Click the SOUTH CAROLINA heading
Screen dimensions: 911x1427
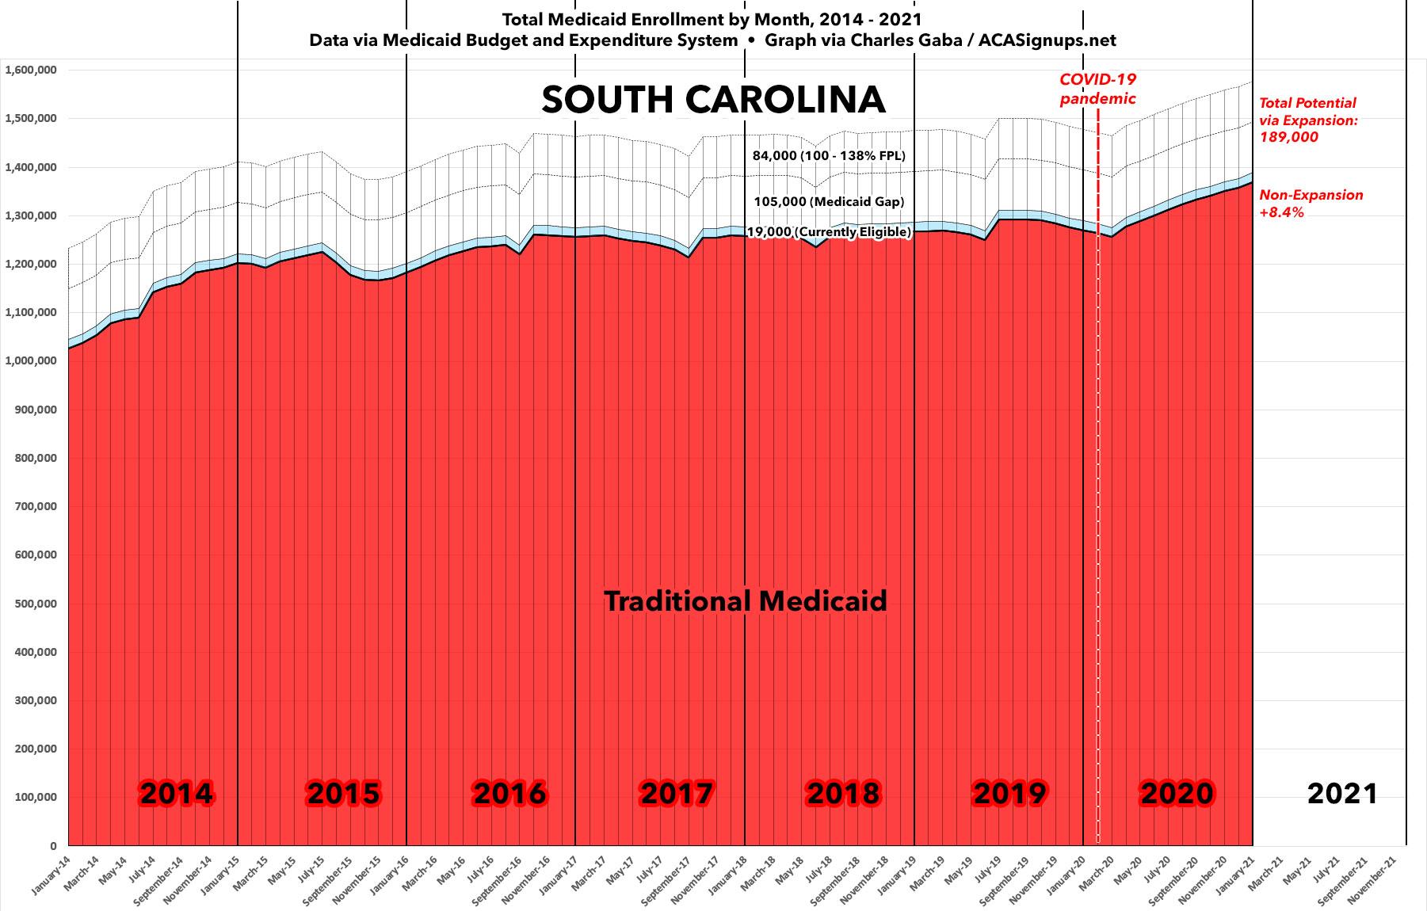713,101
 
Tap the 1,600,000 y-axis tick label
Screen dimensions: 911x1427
31,71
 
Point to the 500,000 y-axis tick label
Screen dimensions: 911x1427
34,604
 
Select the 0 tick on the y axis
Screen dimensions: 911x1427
53,846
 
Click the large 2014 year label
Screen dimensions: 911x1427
176,793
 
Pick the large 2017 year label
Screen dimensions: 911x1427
677,793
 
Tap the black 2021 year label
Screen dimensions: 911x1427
1342,793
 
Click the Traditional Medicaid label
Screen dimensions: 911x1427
746,601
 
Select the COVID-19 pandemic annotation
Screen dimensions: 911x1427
1097,89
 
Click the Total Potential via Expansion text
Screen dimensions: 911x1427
1307,120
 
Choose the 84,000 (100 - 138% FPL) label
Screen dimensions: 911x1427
829,156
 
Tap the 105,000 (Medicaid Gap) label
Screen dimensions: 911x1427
828,202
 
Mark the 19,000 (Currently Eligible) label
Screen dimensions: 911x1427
829,232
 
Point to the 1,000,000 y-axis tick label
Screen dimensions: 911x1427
31,361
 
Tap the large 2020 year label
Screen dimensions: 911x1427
1177,793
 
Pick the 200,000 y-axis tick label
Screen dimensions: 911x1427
34,749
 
